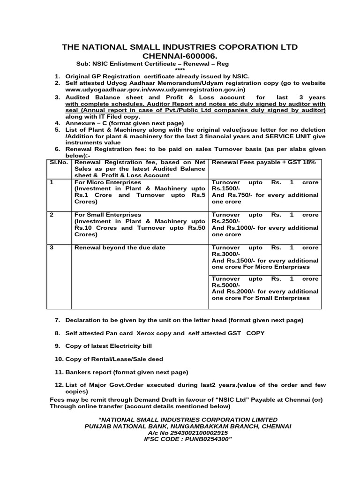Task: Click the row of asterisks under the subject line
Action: click(180, 70)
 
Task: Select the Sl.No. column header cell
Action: click(59, 162)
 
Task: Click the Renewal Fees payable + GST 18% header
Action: click(264, 162)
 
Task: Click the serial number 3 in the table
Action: click(52, 247)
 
